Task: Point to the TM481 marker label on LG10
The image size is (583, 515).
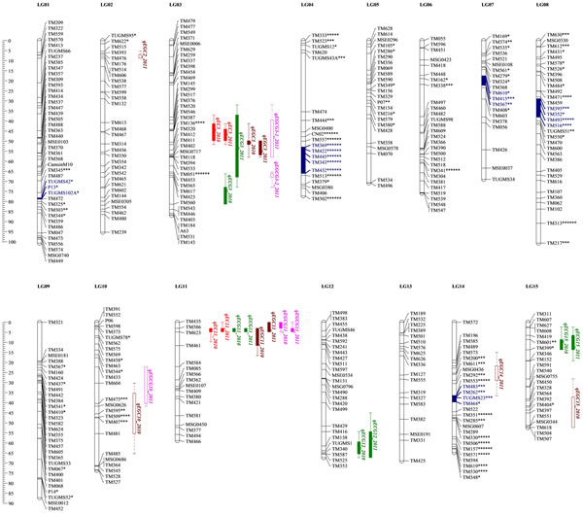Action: click(112, 433)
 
